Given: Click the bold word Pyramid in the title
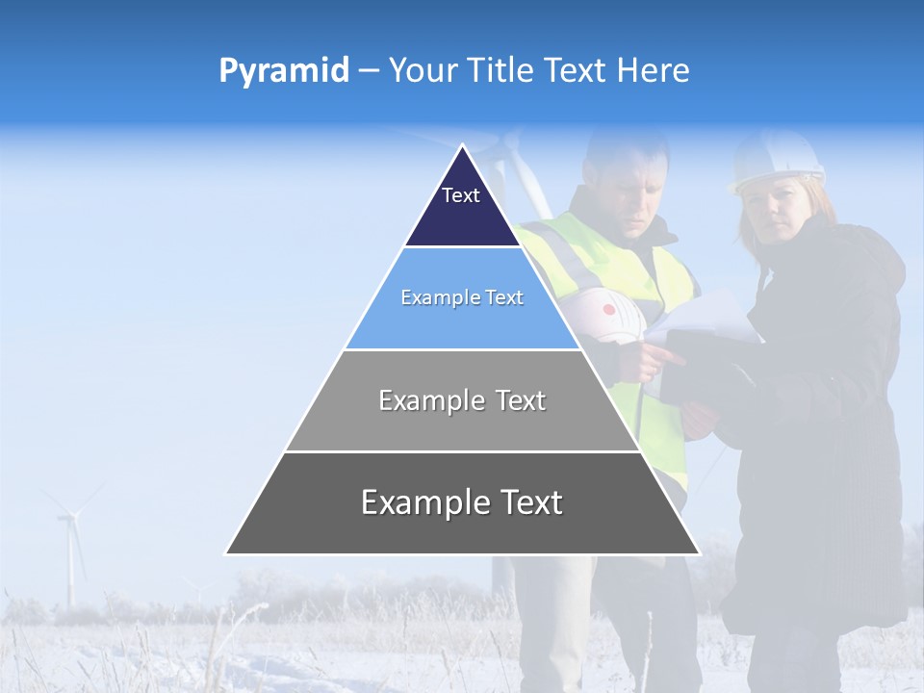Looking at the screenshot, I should (284, 71).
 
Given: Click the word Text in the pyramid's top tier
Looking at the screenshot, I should (461, 195).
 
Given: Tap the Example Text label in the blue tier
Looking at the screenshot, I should (462, 297).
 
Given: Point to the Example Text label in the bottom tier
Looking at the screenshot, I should (462, 502).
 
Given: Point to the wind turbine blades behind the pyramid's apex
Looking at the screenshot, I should (515, 168).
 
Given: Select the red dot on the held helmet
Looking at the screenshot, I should (608, 310).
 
